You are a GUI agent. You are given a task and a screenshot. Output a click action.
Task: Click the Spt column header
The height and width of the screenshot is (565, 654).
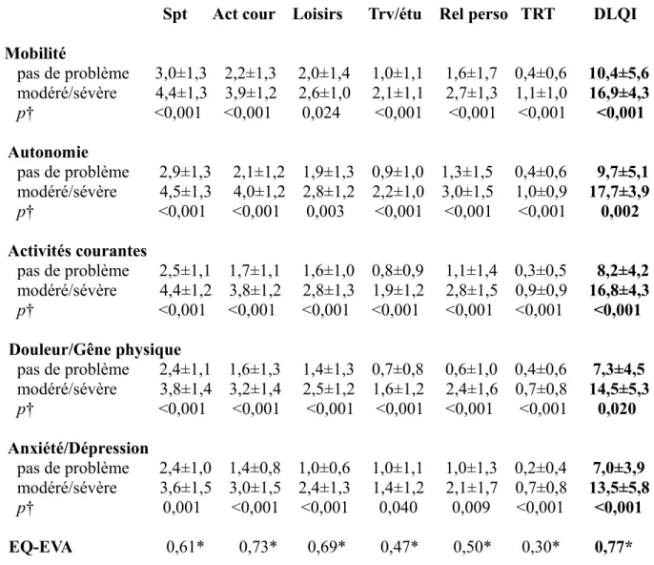tap(174, 14)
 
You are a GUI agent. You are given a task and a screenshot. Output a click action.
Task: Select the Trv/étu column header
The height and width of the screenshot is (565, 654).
tap(395, 14)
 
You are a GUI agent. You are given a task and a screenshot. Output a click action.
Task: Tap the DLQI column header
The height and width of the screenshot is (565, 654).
tap(615, 14)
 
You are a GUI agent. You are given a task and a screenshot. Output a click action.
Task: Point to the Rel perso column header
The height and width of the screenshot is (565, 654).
tap(474, 14)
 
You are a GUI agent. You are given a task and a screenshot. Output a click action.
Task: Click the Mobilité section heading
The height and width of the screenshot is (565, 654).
tap(35, 53)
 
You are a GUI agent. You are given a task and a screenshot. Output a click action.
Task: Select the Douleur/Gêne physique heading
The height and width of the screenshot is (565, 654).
tap(94, 350)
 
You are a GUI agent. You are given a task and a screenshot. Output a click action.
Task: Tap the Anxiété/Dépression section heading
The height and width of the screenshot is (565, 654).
tap(78, 448)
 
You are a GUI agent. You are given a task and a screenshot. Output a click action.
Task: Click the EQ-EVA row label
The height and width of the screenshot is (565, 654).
tap(40, 547)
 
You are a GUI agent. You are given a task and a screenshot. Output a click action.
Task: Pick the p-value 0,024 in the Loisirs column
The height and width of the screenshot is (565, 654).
tap(321, 113)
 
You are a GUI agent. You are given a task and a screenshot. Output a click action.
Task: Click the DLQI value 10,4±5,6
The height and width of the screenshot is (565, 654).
tap(619, 73)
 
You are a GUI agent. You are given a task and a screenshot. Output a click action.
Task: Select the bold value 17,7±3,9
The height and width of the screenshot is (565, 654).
tap(620, 192)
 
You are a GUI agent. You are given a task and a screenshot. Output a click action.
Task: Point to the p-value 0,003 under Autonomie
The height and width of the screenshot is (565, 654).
tap(325, 211)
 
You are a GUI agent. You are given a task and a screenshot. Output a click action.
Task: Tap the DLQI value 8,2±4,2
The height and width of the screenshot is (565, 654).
tap(623, 271)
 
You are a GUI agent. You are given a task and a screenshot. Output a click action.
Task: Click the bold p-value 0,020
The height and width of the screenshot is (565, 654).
tap(617, 408)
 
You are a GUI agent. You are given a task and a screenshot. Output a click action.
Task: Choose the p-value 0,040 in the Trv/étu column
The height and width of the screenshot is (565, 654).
tap(399, 508)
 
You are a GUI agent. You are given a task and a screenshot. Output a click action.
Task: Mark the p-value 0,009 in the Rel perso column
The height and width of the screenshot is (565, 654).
tap(471, 508)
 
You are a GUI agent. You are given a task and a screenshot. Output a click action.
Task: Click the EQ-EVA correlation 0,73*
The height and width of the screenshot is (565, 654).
tap(257, 547)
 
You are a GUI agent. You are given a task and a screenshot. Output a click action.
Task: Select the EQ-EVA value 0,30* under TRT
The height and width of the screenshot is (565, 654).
tap(541, 547)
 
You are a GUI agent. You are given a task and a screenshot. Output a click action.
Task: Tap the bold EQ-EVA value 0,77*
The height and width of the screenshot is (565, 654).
tap(614, 547)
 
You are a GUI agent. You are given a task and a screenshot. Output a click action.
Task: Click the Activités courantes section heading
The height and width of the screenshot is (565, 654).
tap(77, 251)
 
